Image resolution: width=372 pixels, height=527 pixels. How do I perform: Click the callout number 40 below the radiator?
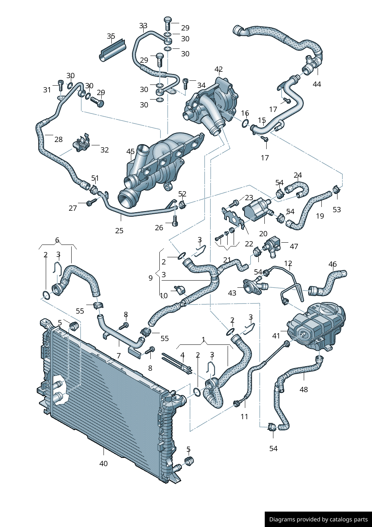click(x=103, y=464)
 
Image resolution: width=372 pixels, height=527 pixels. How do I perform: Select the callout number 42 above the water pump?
click(x=219, y=69)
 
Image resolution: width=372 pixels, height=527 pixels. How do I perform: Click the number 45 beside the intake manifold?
click(x=130, y=152)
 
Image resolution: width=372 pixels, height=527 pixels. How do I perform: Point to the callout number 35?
click(x=111, y=36)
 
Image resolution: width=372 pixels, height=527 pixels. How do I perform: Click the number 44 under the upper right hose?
click(x=317, y=84)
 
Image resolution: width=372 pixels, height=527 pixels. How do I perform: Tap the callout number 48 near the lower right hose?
click(x=304, y=390)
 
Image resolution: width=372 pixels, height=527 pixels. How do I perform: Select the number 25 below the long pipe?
click(x=119, y=231)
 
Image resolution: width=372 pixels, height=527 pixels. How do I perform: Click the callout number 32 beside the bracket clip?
click(x=105, y=150)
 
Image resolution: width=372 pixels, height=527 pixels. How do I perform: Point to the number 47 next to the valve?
click(x=294, y=246)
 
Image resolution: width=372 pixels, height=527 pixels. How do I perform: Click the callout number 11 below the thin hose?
click(x=244, y=416)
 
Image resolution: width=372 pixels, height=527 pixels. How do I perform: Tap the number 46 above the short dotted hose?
click(x=333, y=264)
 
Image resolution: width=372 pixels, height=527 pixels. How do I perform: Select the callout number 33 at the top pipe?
click(x=143, y=26)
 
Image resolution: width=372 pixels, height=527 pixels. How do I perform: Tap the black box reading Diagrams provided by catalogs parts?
click(x=318, y=519)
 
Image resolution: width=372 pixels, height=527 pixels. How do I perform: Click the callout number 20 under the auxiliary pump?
click(x=263, y=233)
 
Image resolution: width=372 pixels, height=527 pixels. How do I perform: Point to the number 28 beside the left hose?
click(x=58, y=139)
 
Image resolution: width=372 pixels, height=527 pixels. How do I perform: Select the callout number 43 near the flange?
click(x=232, y=293)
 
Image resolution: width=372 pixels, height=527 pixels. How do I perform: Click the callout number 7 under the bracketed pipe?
click(x=119, y=355)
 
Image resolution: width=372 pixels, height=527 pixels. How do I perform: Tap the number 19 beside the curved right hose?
click(x=320, y=216)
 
